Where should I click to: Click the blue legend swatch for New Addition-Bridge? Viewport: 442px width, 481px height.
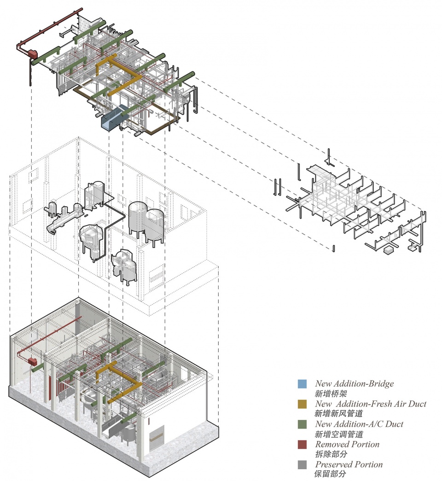[302, 384]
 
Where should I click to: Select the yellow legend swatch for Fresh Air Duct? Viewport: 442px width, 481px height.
[302, 404]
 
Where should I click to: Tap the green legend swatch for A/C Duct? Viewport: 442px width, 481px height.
[302, 424]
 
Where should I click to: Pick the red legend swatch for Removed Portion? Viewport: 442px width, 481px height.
[302, 445]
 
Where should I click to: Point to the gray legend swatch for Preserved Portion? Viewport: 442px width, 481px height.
[302, 465]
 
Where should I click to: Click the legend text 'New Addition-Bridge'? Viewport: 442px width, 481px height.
[355, 384]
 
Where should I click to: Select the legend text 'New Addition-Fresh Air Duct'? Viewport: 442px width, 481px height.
[371, 404]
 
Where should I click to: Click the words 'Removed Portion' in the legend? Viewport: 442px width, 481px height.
[347, 445]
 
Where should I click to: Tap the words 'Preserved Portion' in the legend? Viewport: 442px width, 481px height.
[349, 465]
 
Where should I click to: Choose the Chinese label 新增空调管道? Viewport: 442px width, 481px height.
[339, 434]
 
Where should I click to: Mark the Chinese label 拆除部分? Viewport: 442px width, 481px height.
[331, 454]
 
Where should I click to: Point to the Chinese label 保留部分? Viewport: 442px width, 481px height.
[331, 474]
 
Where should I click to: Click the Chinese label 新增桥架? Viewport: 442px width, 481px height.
[331, 394]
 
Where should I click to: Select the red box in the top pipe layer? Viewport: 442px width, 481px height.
[33, 54]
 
